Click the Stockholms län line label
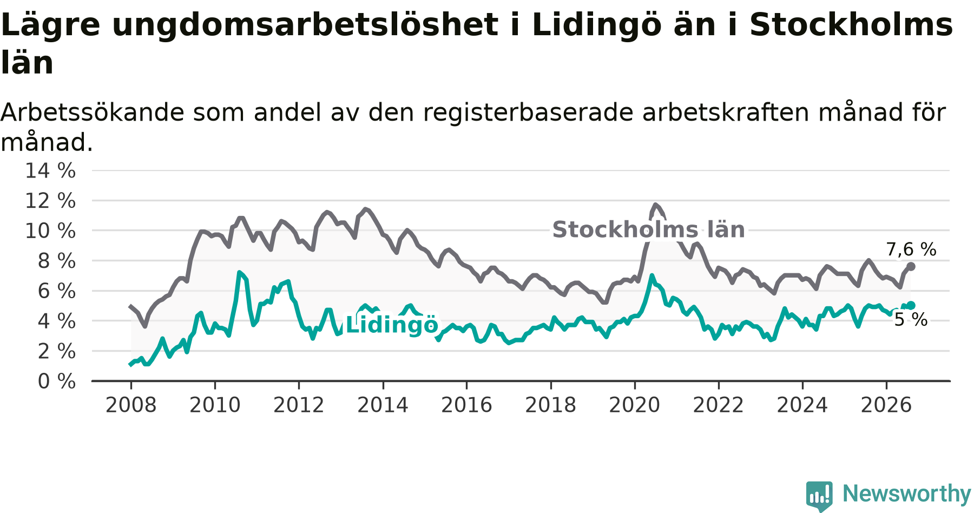click(648, 230)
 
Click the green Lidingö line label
click(392, 325)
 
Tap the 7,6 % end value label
click(911, 249)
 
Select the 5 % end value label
click(911, 320)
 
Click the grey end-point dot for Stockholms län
click(911, 266)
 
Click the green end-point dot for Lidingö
click(911, 305)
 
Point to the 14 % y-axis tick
click(50, 170)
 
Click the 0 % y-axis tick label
click(57, 382)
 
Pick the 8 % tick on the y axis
click(57, 261)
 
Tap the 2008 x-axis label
click(131, 405)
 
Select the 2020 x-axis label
click(635, 405)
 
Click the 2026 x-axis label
click(886, 405)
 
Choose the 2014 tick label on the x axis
click(383, 405)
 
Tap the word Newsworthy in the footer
click(907, 494)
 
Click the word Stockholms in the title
click(851, 25)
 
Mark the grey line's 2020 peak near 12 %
click(656, 205)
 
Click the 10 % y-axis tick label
click(50, 231)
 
